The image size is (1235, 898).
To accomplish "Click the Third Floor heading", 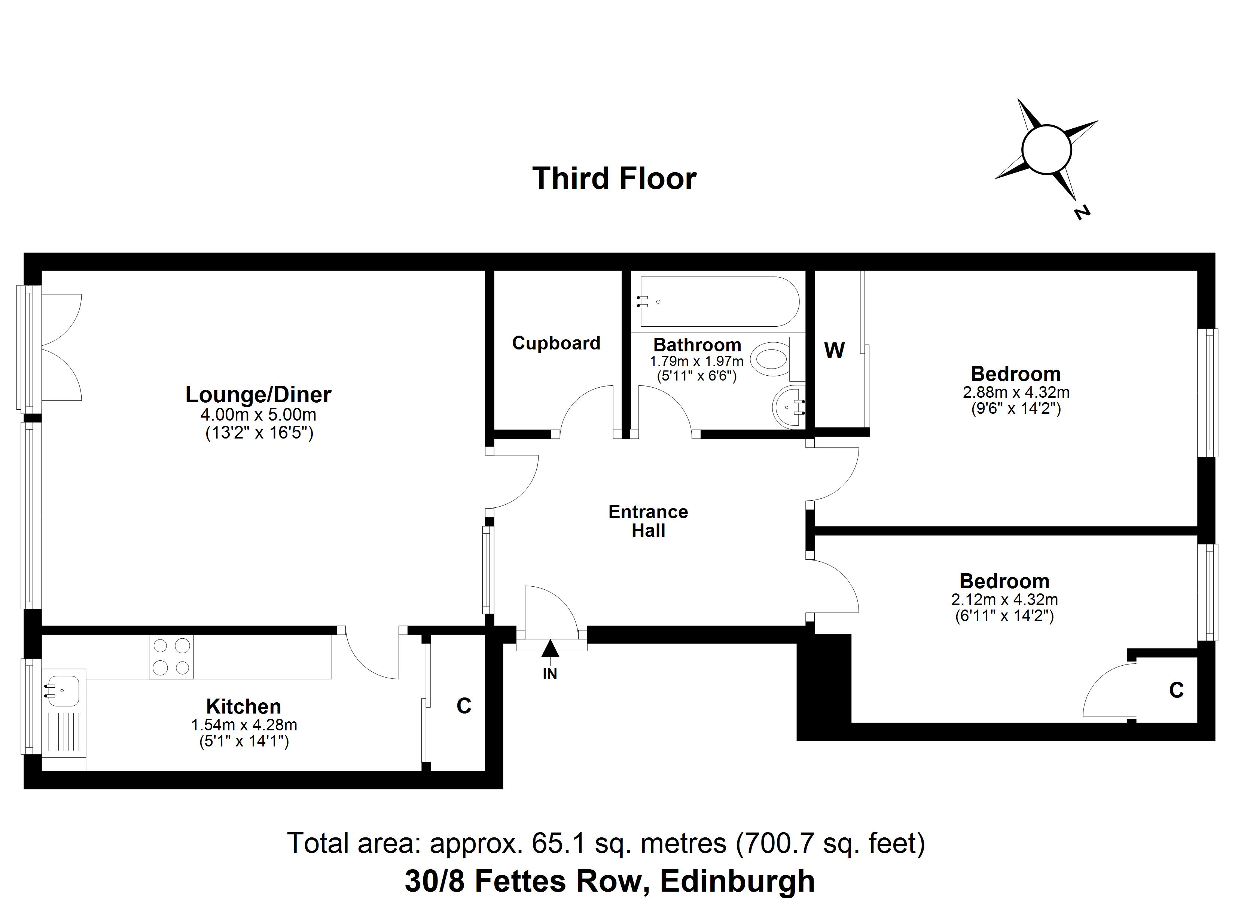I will click(x=614, y=178).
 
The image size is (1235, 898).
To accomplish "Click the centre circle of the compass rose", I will click(x=1047, y=149).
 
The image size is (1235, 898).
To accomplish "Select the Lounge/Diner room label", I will click(x=258, y=395).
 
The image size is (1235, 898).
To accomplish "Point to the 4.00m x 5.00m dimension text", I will click(x=258, y=415).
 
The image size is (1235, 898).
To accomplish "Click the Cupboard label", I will click(x=556, y=343).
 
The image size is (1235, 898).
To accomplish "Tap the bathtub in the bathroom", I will click(x=719, y=302).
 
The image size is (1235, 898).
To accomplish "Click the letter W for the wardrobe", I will click(x=834, y=351).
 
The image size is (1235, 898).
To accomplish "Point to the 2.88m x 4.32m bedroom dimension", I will click(x=1016, y=392).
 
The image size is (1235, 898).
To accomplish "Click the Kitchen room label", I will click(x=243, y=706).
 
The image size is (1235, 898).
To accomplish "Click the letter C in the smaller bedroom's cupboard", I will click(x=1176, y=690).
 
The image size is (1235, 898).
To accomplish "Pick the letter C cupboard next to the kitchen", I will click(x=463, y=706).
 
